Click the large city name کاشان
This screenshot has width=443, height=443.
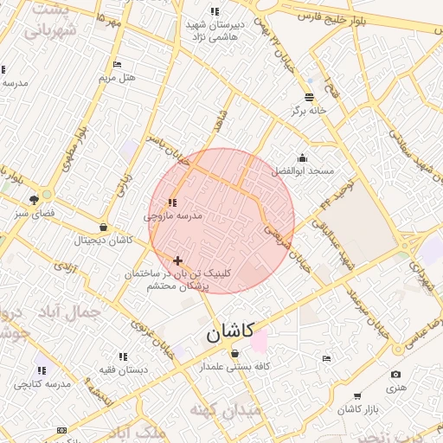pos(230,332)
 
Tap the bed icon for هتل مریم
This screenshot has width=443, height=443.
pos(118,64)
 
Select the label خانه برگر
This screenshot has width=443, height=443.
pos(310,111)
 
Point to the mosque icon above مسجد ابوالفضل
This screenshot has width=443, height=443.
pos(302,157)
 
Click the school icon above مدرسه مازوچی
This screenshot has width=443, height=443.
pos(172,202)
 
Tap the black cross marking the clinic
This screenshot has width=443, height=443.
pos(177,260)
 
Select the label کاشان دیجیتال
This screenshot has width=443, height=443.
pos(104,240)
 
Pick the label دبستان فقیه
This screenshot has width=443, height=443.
pos(122,369)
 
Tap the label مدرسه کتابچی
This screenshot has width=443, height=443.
pos(41,382)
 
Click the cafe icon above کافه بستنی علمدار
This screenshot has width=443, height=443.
pos(235,353)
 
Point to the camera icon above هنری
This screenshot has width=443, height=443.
pos(395,375)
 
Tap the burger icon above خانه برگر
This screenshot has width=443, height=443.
pos(310,97)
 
